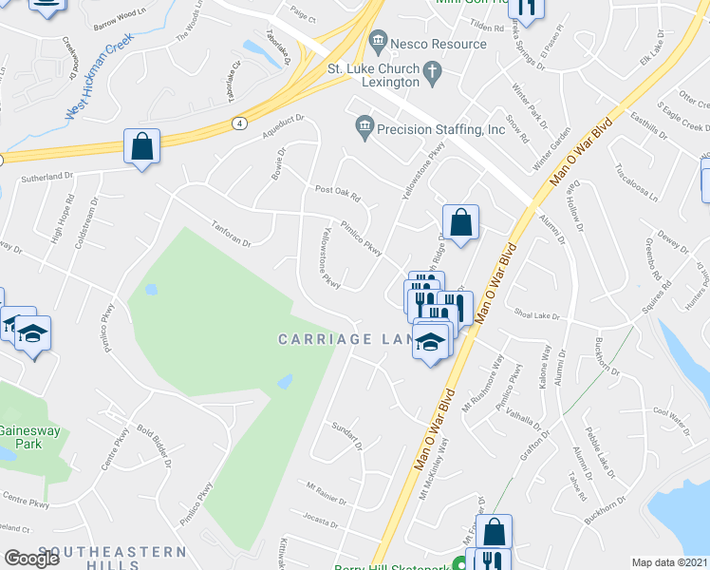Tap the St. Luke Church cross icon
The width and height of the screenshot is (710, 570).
coord(432,70)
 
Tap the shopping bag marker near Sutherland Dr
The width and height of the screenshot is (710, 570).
coord(141,146)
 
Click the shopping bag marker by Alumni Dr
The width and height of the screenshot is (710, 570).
coord(460,223)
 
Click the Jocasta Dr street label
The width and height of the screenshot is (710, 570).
coord(320,522)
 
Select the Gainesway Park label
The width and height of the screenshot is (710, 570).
coord(28,437)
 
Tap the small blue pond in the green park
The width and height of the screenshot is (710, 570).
coord(285,382)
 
